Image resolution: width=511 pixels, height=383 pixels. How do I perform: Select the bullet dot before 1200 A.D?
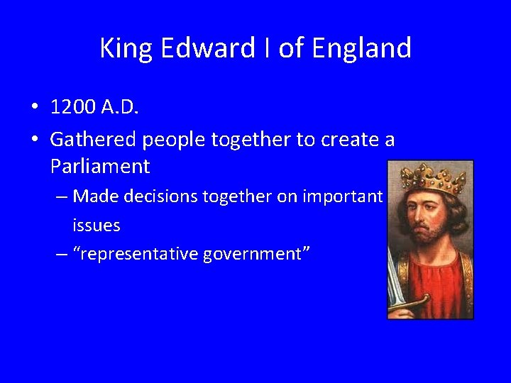point(34,108)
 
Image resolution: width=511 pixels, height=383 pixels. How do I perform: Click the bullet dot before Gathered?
point(34,140)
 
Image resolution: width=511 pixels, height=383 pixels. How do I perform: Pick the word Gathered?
point(94,140)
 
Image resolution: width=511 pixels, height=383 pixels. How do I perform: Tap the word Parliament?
point(100,167)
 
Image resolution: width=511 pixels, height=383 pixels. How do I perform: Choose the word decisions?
point(162,196)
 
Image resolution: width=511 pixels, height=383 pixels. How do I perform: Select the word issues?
point(96,226)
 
